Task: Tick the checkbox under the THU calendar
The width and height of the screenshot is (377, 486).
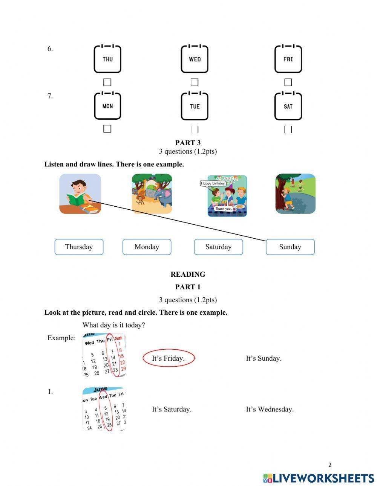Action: (x=107, y=82)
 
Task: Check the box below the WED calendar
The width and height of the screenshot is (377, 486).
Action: (x=194, y=82)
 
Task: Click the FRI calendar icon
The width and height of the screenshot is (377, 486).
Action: (x=288, y=59)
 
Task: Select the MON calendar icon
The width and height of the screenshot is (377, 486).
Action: (x=107, y=106)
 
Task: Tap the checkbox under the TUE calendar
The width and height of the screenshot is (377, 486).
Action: (x=194, y=129)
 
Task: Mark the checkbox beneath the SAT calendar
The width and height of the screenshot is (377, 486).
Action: (x=288, y=129)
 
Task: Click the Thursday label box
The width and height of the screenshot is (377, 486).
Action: (x=79, y=247)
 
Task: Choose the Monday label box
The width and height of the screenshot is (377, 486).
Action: (x=147, y=247)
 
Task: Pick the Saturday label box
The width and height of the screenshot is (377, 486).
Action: (x=218, y=247)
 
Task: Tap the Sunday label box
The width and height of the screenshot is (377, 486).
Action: (x=290, y=247)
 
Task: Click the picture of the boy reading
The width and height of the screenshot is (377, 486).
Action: (x=80, y=193)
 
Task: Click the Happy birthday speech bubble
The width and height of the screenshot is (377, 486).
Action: (x=213, y=183)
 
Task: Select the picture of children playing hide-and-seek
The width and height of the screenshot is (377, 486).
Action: (x=295, y=193)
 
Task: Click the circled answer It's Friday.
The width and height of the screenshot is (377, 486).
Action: (x=168, y=358)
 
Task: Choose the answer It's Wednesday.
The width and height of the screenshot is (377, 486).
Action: (x=270, y=409)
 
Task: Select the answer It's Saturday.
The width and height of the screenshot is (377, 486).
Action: (x=172, y=409)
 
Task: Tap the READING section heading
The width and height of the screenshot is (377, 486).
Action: (x=188, y=274)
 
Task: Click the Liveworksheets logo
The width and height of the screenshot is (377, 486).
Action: (x=319, y=478)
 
